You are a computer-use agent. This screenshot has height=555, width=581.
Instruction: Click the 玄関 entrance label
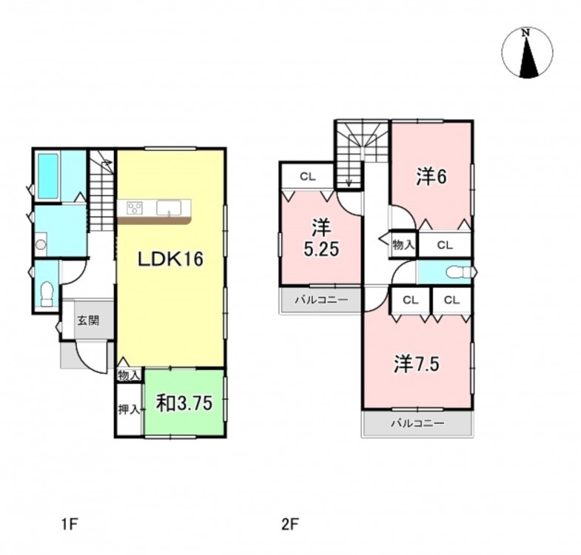88,320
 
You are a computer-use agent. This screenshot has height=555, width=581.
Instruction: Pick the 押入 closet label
129,408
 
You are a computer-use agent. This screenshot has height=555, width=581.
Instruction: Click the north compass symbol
526,53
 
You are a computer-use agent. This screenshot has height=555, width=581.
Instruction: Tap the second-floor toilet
456,272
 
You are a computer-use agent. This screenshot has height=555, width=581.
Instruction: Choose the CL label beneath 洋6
444,244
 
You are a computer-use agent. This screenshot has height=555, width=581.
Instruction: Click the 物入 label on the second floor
403,244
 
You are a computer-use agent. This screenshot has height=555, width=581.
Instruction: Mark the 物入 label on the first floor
129,375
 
